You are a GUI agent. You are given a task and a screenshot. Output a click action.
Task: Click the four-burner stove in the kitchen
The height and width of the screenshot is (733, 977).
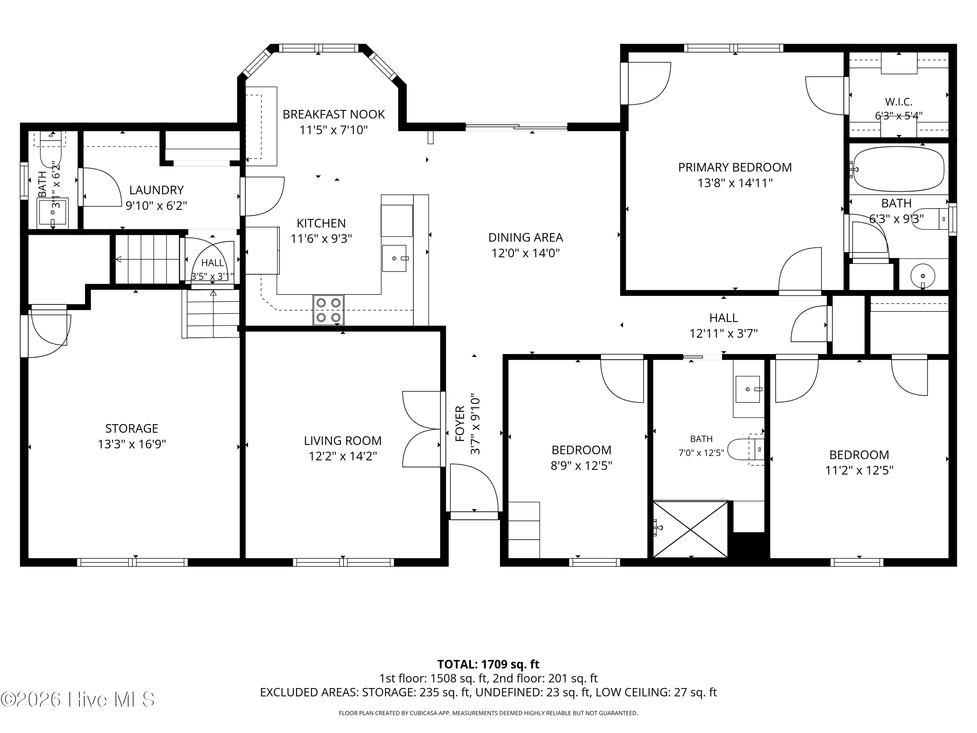(329, 310)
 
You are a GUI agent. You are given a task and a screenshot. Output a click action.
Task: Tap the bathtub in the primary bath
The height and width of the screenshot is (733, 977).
(899, 169)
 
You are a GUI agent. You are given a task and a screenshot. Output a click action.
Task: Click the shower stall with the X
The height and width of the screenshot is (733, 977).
(690, 529)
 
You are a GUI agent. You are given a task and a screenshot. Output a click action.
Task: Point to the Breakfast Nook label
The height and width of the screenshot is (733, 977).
(333, 114)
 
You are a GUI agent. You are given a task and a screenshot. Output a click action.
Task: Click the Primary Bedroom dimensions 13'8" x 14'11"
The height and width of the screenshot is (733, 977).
(735, 183)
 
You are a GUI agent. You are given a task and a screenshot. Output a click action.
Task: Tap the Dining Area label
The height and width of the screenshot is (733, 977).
(526, 238)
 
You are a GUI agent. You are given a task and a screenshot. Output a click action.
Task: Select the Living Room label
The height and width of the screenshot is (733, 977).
(343, 440)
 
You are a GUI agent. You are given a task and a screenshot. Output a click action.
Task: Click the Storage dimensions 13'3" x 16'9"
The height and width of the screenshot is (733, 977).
(132, 444)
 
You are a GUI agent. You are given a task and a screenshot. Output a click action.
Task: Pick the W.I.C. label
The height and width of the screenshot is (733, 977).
(899, 102)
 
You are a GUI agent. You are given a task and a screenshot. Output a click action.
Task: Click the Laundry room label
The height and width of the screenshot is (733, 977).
(156, 190)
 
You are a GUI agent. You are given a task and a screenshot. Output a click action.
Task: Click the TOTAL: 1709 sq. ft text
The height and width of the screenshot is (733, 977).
(488, 664)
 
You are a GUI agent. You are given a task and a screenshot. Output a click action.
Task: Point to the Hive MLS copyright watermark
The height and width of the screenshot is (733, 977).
(78, 699)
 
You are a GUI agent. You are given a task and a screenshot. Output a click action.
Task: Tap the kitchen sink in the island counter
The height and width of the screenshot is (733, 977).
(394, 258)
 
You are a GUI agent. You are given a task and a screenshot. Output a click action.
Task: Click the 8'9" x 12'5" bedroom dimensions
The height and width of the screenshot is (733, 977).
(581, 466)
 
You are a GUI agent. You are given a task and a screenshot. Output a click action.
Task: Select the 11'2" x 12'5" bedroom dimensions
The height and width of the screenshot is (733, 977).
(859, 470)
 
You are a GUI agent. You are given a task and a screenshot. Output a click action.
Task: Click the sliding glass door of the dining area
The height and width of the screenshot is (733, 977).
(516, 127)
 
